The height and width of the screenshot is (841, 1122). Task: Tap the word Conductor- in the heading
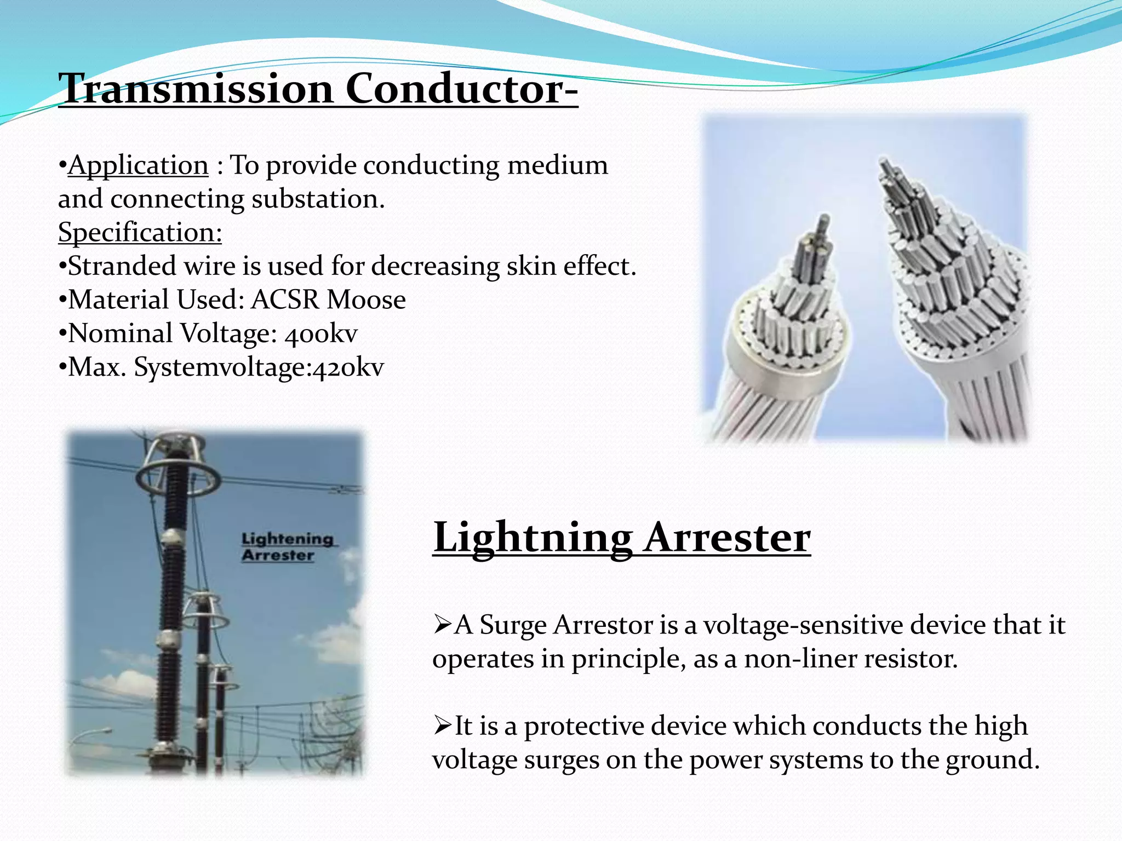[461, 89]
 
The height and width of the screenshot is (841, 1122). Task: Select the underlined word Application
[138, 165]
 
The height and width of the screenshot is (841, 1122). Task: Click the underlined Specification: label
[140, 232]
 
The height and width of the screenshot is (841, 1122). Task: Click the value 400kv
[321, 333]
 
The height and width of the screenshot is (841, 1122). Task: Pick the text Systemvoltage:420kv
[259, 367]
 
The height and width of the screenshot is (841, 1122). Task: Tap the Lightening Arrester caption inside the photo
[287, 547]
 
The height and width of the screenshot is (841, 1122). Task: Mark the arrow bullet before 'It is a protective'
[442, 726]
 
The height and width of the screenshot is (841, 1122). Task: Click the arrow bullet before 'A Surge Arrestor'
[442, 624]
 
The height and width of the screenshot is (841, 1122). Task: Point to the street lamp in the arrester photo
[101, 731]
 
